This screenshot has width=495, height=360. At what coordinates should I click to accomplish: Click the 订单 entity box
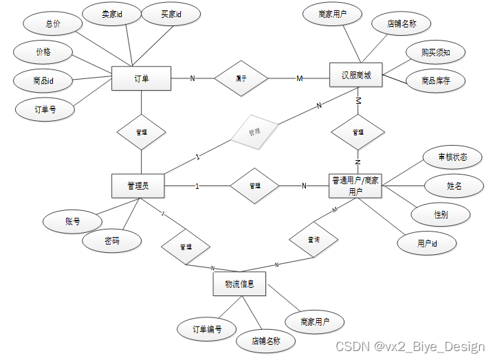pyautogui.click(x=141, y=78)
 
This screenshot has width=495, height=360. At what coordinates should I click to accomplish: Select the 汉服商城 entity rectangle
pyautogui.click(x=356, y=76)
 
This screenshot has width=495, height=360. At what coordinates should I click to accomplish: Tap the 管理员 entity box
pyautogui.click(x=138, y=185)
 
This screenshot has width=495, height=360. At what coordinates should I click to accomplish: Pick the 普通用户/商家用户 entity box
pyautogui.click(x=355, y=186)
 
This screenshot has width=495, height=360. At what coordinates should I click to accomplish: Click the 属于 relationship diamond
pyautogui.click(x=241, y=78)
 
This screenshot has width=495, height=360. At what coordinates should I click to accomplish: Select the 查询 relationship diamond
pyautogui.click(x=313, y=240)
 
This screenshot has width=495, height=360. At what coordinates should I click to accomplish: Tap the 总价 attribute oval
pyautogui.click(x=53, y=23)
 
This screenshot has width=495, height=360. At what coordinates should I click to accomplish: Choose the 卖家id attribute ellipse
pyautogui.click(x=111, y=13)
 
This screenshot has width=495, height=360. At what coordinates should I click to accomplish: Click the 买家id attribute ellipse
pyautogui.click(x=170, y=13)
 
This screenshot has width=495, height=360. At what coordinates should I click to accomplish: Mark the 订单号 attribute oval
pyautogui.click(x=45, y=109)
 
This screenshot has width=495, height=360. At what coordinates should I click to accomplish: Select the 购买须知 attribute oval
pyautogui.click(x=435, y=52)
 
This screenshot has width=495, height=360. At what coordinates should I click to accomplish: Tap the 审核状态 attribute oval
pyautogui.click(x=452, y=157)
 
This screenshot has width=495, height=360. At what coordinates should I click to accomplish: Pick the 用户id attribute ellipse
pyautogui.click(x=428, y=243)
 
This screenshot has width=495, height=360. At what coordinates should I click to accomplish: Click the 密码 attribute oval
pyautogui.click(x=112, y=241)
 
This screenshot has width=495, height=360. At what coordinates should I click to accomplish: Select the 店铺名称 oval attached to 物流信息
pyautogui.click(x=266, y=340)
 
